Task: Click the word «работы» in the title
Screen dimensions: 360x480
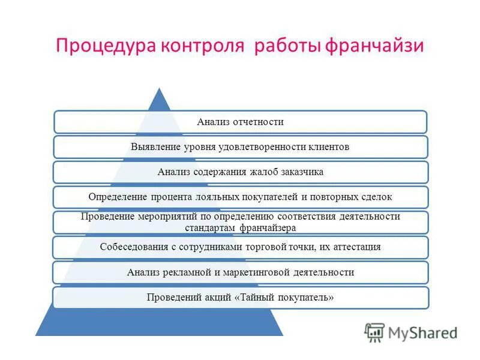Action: (x=289, y=46)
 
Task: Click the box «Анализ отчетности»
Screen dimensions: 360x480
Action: (x=240, y=122)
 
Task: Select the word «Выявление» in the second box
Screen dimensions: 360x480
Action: (x=153, y=147)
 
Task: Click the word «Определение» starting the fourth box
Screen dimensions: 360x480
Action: (x=115, y=197)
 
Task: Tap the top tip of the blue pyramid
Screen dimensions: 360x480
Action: (x=159, y=90)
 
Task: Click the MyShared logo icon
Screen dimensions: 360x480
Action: (x=374, y=332)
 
